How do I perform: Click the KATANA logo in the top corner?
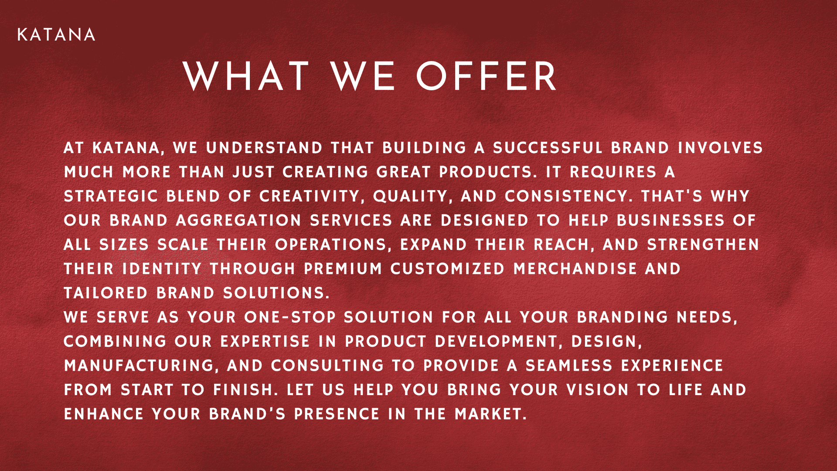56,35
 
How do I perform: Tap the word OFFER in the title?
487,76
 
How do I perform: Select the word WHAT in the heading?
246,76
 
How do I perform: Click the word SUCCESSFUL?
548,148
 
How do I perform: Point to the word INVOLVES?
720,148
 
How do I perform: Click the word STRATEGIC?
111,196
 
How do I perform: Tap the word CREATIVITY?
310,196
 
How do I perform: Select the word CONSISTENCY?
566,196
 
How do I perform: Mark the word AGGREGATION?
239,220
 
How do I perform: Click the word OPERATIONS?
330,245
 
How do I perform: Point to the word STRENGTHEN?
703,245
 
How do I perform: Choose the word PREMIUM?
343,269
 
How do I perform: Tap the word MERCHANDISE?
575,269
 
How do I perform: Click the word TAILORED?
106,293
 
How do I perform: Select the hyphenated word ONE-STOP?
290,317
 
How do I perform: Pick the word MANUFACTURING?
139,365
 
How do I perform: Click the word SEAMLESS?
569,365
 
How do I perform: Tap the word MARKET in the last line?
488,414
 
